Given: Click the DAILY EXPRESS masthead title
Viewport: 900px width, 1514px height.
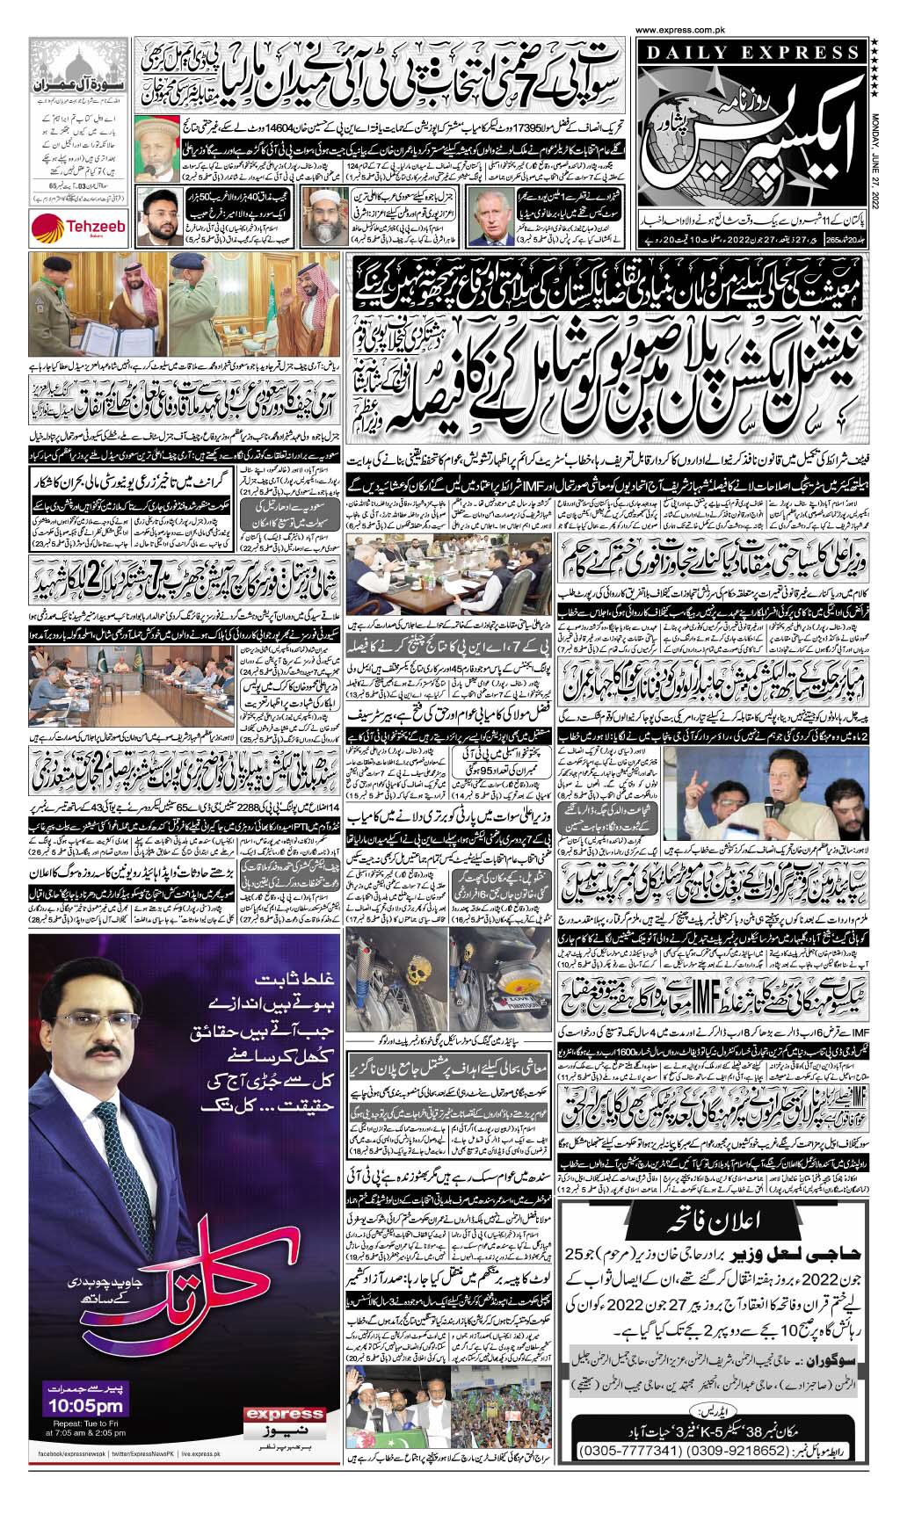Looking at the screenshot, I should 754,54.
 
